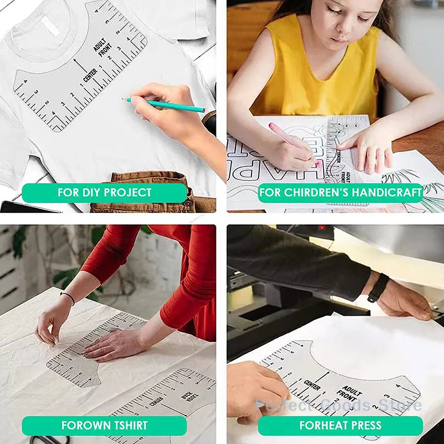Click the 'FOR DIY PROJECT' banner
[x=104, y=193]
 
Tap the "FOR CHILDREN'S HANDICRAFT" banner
[x=340, y=193]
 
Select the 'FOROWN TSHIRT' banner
[x=104, y=426]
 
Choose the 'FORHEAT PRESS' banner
[x=340, y=426]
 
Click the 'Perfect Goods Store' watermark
[x=339, y=405]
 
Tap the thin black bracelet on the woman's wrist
[x=68, y=297]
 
